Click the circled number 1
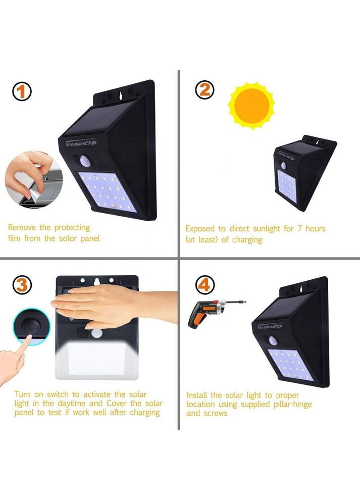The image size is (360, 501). (22, 91)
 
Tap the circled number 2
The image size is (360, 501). (205, 90)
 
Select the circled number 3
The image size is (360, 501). (22, 285)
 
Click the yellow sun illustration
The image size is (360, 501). (251, 106)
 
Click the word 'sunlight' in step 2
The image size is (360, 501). (267, 229)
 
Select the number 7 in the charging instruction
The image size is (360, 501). (299, 228)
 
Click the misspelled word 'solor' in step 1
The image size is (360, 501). (68, 238)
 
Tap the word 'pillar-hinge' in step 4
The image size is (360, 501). (292, 405)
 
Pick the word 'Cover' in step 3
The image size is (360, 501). (117, 403)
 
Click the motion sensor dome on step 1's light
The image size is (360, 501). (85, 161)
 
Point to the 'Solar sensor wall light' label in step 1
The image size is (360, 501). (81, 143)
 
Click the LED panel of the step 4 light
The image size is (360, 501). (290, 365)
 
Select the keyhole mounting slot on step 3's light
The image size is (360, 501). (97, 281)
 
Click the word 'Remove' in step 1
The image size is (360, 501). (22, 228)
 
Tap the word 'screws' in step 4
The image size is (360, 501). (216, 413)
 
